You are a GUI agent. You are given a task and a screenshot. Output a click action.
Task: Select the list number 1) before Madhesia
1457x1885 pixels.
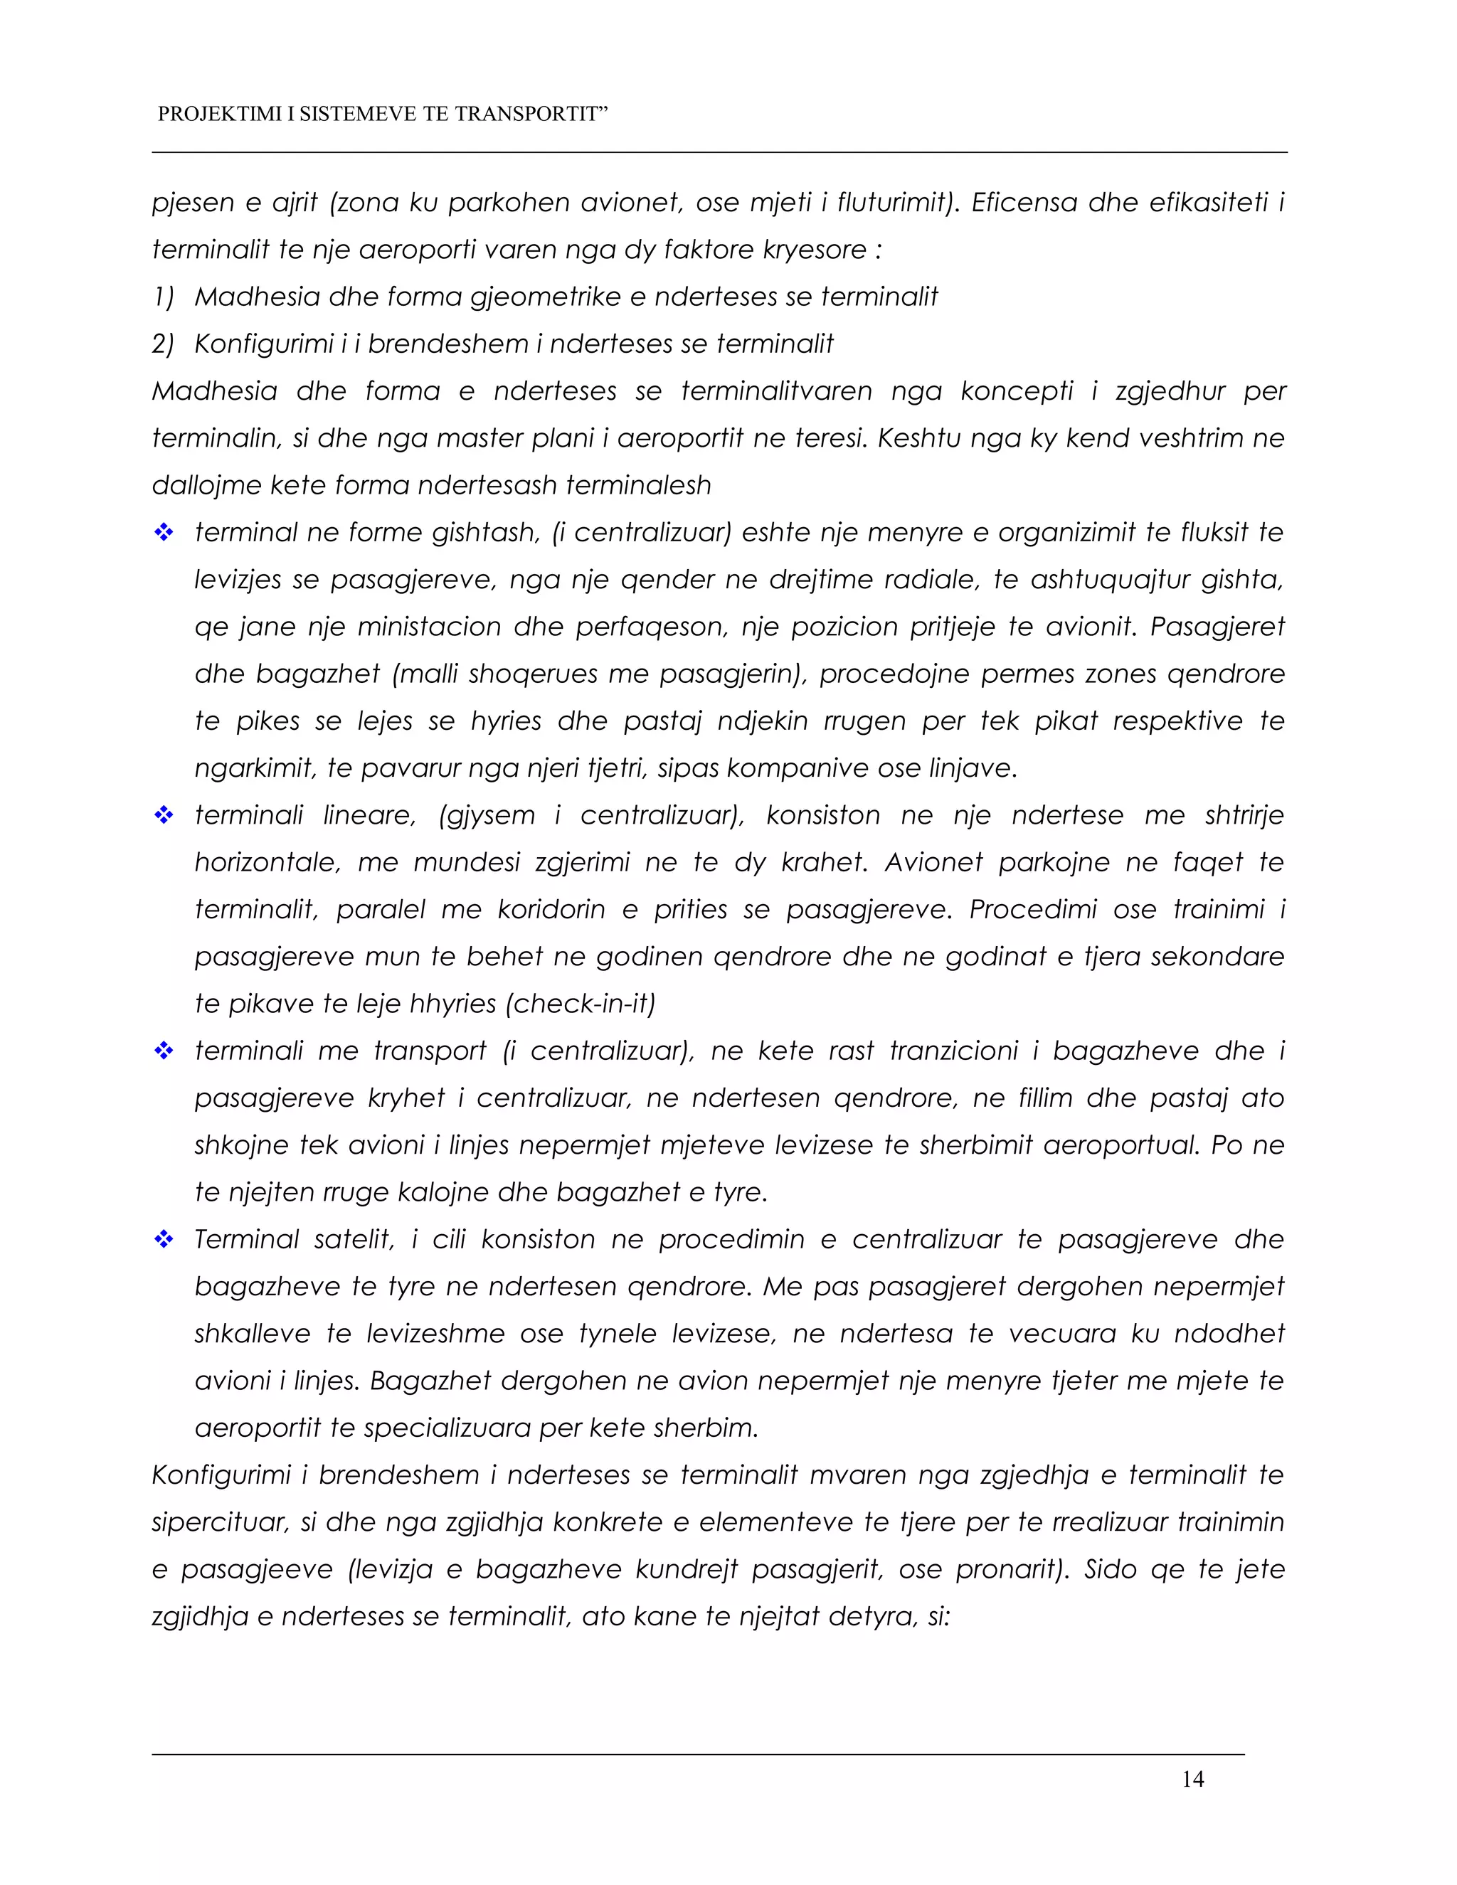(x=163, y=297)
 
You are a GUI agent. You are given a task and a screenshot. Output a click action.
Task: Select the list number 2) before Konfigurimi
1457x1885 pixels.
(x=163, y=344)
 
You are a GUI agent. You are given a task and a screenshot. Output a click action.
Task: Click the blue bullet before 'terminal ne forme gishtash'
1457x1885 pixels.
(x=163, y=533)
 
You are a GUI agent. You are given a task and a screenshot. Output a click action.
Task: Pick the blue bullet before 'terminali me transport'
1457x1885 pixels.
(x=163, y=1051)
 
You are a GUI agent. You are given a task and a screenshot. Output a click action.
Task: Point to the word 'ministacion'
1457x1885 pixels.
(x=429, y=627)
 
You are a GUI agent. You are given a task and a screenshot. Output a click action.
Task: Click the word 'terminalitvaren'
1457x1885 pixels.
(x=776, y=391)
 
